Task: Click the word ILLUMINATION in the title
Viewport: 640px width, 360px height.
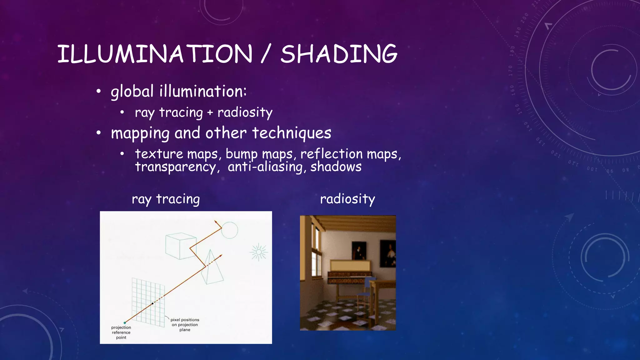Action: tap(155, 54)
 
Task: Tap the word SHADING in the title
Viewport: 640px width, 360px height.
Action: tap(339, 54)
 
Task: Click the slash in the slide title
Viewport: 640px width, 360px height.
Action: tap(265, 54)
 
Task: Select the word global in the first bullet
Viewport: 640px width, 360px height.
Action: tap(132, 92)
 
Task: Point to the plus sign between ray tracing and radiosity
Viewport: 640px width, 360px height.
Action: tap(210, 112)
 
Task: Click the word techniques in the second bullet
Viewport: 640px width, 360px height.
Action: tap(292, 133)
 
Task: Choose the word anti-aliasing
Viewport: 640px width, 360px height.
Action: tap(265, 167)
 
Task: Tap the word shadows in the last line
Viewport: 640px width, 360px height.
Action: tap(336, 167)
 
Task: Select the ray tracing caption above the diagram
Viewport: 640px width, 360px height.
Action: tap(166, 199)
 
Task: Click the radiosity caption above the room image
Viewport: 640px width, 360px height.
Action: tap(347, 199)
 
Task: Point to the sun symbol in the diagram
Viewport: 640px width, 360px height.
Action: tap(258, 252)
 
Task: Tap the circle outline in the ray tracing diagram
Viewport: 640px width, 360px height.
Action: tap(230, 230)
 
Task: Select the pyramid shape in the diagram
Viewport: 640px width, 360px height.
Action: tap(212, 269)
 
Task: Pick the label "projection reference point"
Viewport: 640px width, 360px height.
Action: tap(121, 332)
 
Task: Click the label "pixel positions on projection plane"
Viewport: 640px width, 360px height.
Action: tap(185, 325)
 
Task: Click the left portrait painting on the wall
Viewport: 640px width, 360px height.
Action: tap(358, 250)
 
